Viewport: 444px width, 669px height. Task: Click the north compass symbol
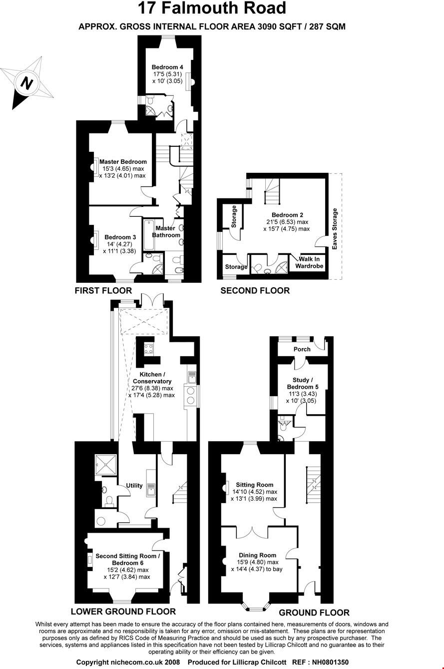27,83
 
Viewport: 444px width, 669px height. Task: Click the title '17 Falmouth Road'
212,8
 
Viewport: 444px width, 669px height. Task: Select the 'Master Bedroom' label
123,161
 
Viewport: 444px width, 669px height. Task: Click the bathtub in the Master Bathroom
149,235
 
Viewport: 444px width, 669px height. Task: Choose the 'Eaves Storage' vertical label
335,228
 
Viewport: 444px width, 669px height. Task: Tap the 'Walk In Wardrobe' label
310,262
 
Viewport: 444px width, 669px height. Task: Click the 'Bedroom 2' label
287,215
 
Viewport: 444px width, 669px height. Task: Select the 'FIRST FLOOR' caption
103,290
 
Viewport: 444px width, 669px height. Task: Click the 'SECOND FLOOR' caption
255,290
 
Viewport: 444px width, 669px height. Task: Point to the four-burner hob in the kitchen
148,348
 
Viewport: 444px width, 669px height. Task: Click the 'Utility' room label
134,485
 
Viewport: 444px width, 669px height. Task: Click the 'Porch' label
302,349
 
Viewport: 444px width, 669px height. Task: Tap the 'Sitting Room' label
255,485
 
